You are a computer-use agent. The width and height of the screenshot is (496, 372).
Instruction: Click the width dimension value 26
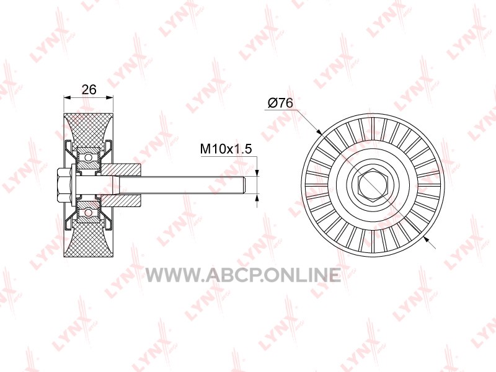(x=89, y=89)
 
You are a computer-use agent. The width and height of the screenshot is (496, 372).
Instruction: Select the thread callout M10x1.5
(x=226, y=148)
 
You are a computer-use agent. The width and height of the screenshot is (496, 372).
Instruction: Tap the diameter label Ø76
(x=280, y=103)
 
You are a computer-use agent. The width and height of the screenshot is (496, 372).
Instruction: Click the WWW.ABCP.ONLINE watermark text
(x=243, y=275)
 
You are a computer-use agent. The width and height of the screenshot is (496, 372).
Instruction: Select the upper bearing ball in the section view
(x=88, y=157)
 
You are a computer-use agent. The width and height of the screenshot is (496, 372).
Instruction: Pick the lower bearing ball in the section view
(x=88, y=213)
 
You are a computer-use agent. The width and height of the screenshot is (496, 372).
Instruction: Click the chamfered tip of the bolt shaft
(x=244, y=185)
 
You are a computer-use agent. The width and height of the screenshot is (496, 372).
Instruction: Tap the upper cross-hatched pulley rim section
(x=88, y=129)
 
